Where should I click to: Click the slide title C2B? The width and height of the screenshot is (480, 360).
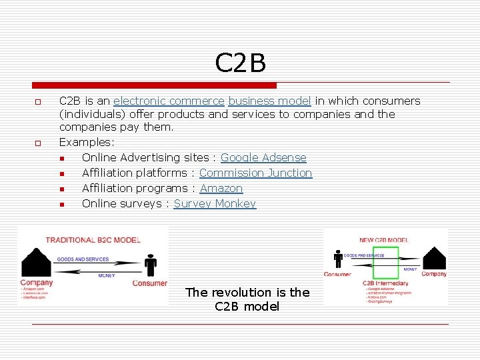click(x=240, y=63)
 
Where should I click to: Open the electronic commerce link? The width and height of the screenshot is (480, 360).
click(x=169, y=101)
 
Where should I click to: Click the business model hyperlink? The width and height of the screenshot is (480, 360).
click(x=269, y=101)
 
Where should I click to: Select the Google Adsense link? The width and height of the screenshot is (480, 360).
click(x=263, y=158)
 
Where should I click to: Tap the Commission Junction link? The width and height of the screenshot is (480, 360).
click(x=255, y=173)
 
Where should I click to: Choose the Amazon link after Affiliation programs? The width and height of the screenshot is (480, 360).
click(x=221, y=189)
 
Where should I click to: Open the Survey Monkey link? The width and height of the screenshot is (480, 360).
click(x=215, y=204)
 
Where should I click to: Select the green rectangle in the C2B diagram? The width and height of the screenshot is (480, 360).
click(x=381, y=263)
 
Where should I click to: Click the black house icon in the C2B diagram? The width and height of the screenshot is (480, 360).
click(x=435, y=259)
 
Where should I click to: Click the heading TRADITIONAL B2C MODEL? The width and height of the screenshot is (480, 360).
click(x=93, y=239)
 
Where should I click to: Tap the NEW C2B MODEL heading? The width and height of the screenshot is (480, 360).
click(x=385, y=240)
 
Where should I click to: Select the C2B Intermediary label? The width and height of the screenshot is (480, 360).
click(x=385, y=283)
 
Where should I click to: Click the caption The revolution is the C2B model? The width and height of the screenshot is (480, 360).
click(x=247, y=299)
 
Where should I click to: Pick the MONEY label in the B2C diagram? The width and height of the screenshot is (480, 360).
click(x=107, y=275)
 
